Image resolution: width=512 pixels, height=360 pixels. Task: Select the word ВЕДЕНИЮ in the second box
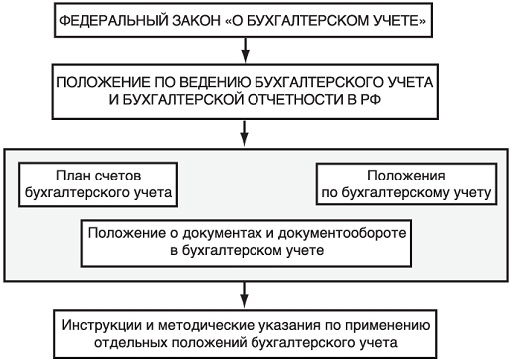click(x=211, y=82)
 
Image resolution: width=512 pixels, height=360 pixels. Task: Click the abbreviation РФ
click(x=370, y=99)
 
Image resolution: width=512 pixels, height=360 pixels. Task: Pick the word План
click(x=72, y=176)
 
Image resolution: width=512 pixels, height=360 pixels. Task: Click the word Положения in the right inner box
click(x=406, y=176)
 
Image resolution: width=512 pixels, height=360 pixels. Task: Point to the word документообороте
click(x=342, y=233)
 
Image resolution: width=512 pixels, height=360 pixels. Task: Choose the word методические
click(x=206, y=325)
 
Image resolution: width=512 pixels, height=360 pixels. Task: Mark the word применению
click(x=387, y=326)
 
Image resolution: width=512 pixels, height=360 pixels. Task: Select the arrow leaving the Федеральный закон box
click(x=245, y=50)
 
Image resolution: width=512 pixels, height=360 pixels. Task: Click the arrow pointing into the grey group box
click(x=245, y=134)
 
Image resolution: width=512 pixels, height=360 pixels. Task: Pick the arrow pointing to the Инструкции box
click(x=245, y=295)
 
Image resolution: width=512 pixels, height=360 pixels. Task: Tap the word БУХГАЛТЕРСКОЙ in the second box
click(x=184, y=99)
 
